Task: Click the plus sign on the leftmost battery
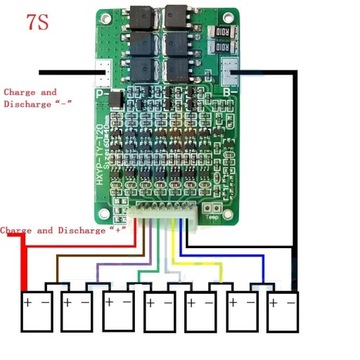(28, 298)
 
